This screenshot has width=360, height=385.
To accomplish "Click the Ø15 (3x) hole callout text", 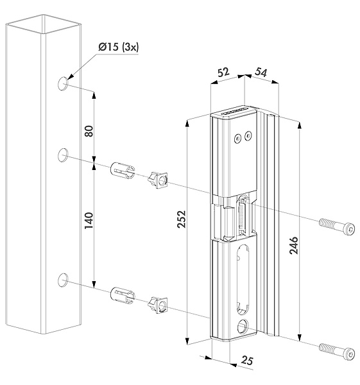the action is point(118,47).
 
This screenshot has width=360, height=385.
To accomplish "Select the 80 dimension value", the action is point(89,131).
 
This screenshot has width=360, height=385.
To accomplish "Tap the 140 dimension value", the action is point(89,221).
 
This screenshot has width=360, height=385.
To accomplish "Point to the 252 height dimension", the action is point(182,219).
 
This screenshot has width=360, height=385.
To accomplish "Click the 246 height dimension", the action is point(293,245).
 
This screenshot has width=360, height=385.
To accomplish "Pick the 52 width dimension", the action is point(223,72).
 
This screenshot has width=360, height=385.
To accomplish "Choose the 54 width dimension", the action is point(261,72).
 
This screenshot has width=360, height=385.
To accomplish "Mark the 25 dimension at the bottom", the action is point(247,361).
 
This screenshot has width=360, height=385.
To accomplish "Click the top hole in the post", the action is point(63,83).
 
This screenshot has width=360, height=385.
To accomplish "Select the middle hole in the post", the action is point(63,155).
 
